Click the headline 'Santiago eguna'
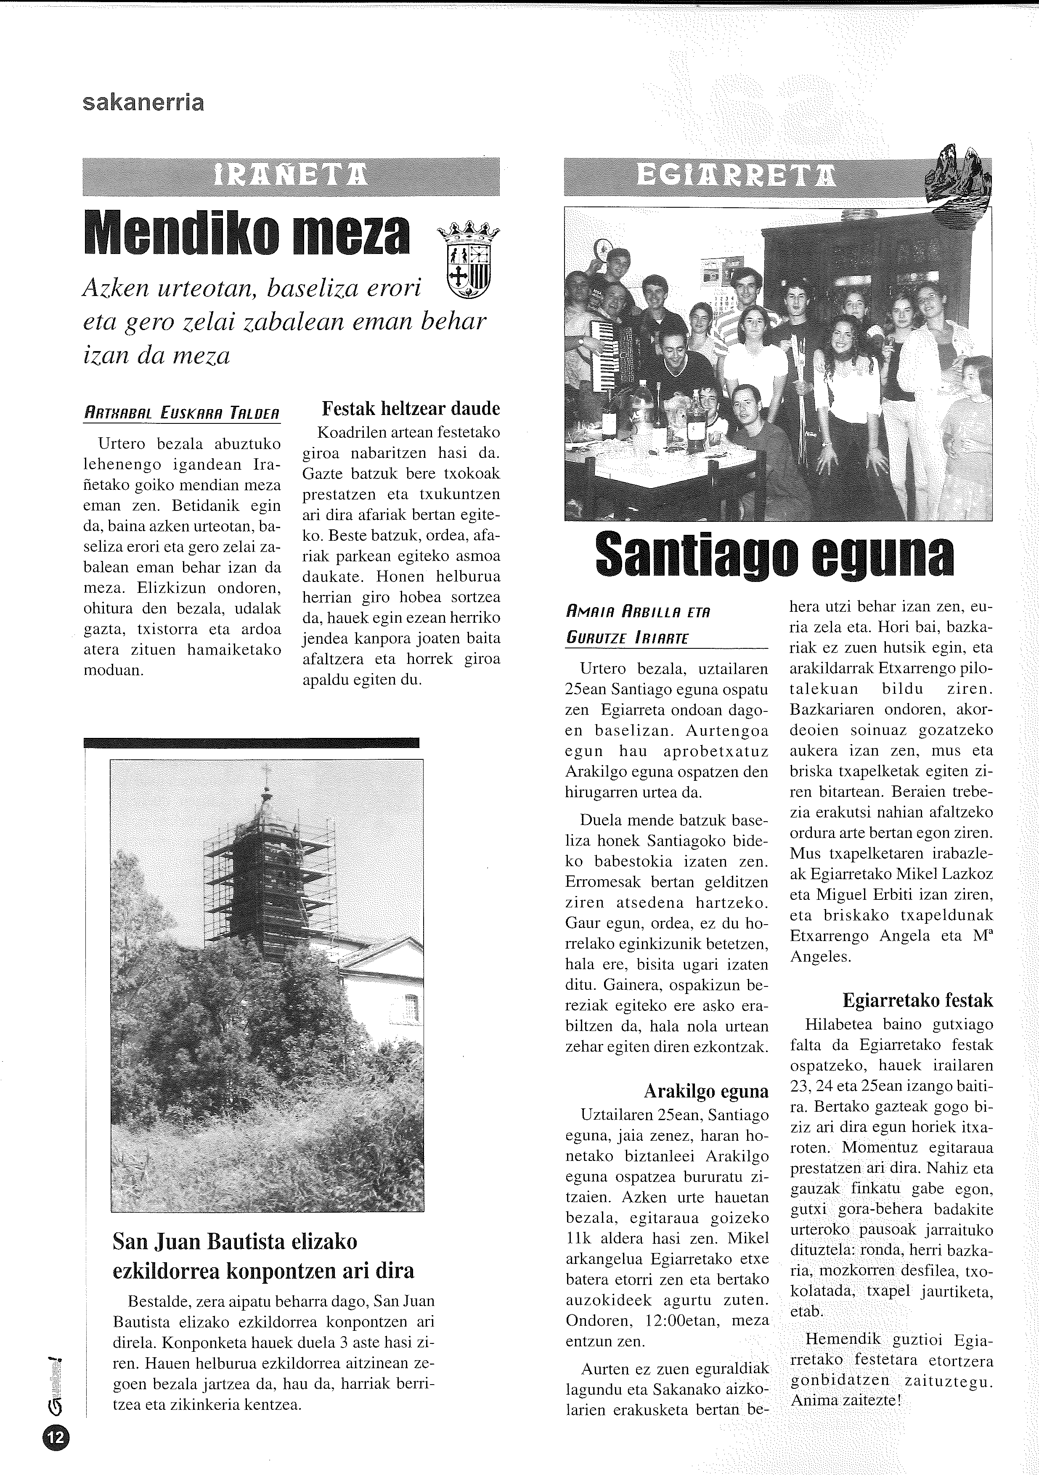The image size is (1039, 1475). coord(774,554)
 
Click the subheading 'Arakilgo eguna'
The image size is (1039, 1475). coord(705,1091)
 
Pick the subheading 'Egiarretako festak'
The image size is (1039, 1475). coord(917,1000)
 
